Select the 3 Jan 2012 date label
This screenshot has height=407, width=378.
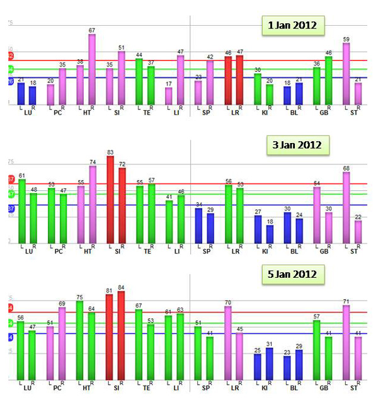[296, 145]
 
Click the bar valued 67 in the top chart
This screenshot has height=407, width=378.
[92, 69]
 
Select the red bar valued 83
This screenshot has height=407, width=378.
[110, 199]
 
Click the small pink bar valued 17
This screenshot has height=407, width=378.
[169, 96]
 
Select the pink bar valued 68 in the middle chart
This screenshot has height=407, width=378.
[346, 207]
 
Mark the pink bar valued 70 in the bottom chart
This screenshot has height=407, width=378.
[228, 342]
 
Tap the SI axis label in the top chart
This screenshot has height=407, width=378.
[116, 113]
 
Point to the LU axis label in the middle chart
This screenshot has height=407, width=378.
[28, 252]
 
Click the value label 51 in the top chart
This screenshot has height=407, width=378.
[122, 47]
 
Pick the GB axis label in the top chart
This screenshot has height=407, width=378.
[323, 113]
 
